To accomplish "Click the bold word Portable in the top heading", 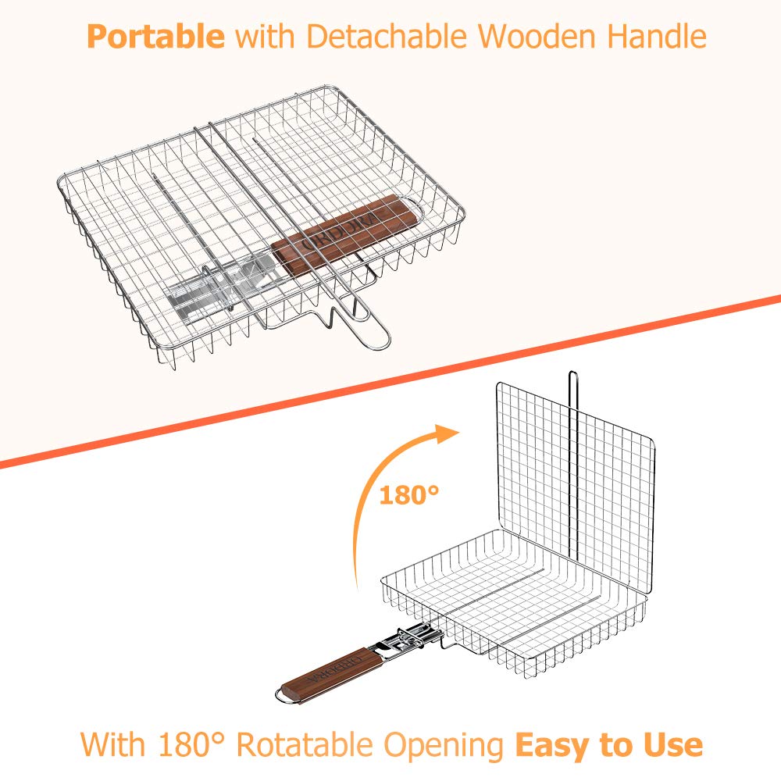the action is pyautogui.click(x=155, y=37).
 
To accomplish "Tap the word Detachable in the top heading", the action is pyautogui.click(x=387, y=37).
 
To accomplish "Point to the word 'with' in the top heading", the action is pyautogui.click(x=265, y=37).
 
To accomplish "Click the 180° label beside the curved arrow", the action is pyautogui.click(x=409, y=495).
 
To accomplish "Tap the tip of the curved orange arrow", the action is pyautogui.click(x=458, y=431).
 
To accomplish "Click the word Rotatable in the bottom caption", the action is pyautogui.click(x=305, y=745).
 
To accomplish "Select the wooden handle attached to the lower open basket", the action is pyautogui.click(x=332, y=673).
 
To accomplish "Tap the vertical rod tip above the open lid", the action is pyautogui.click(x=572, y=372).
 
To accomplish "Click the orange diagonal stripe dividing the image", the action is pyautogui.click(x=390, y=382).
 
